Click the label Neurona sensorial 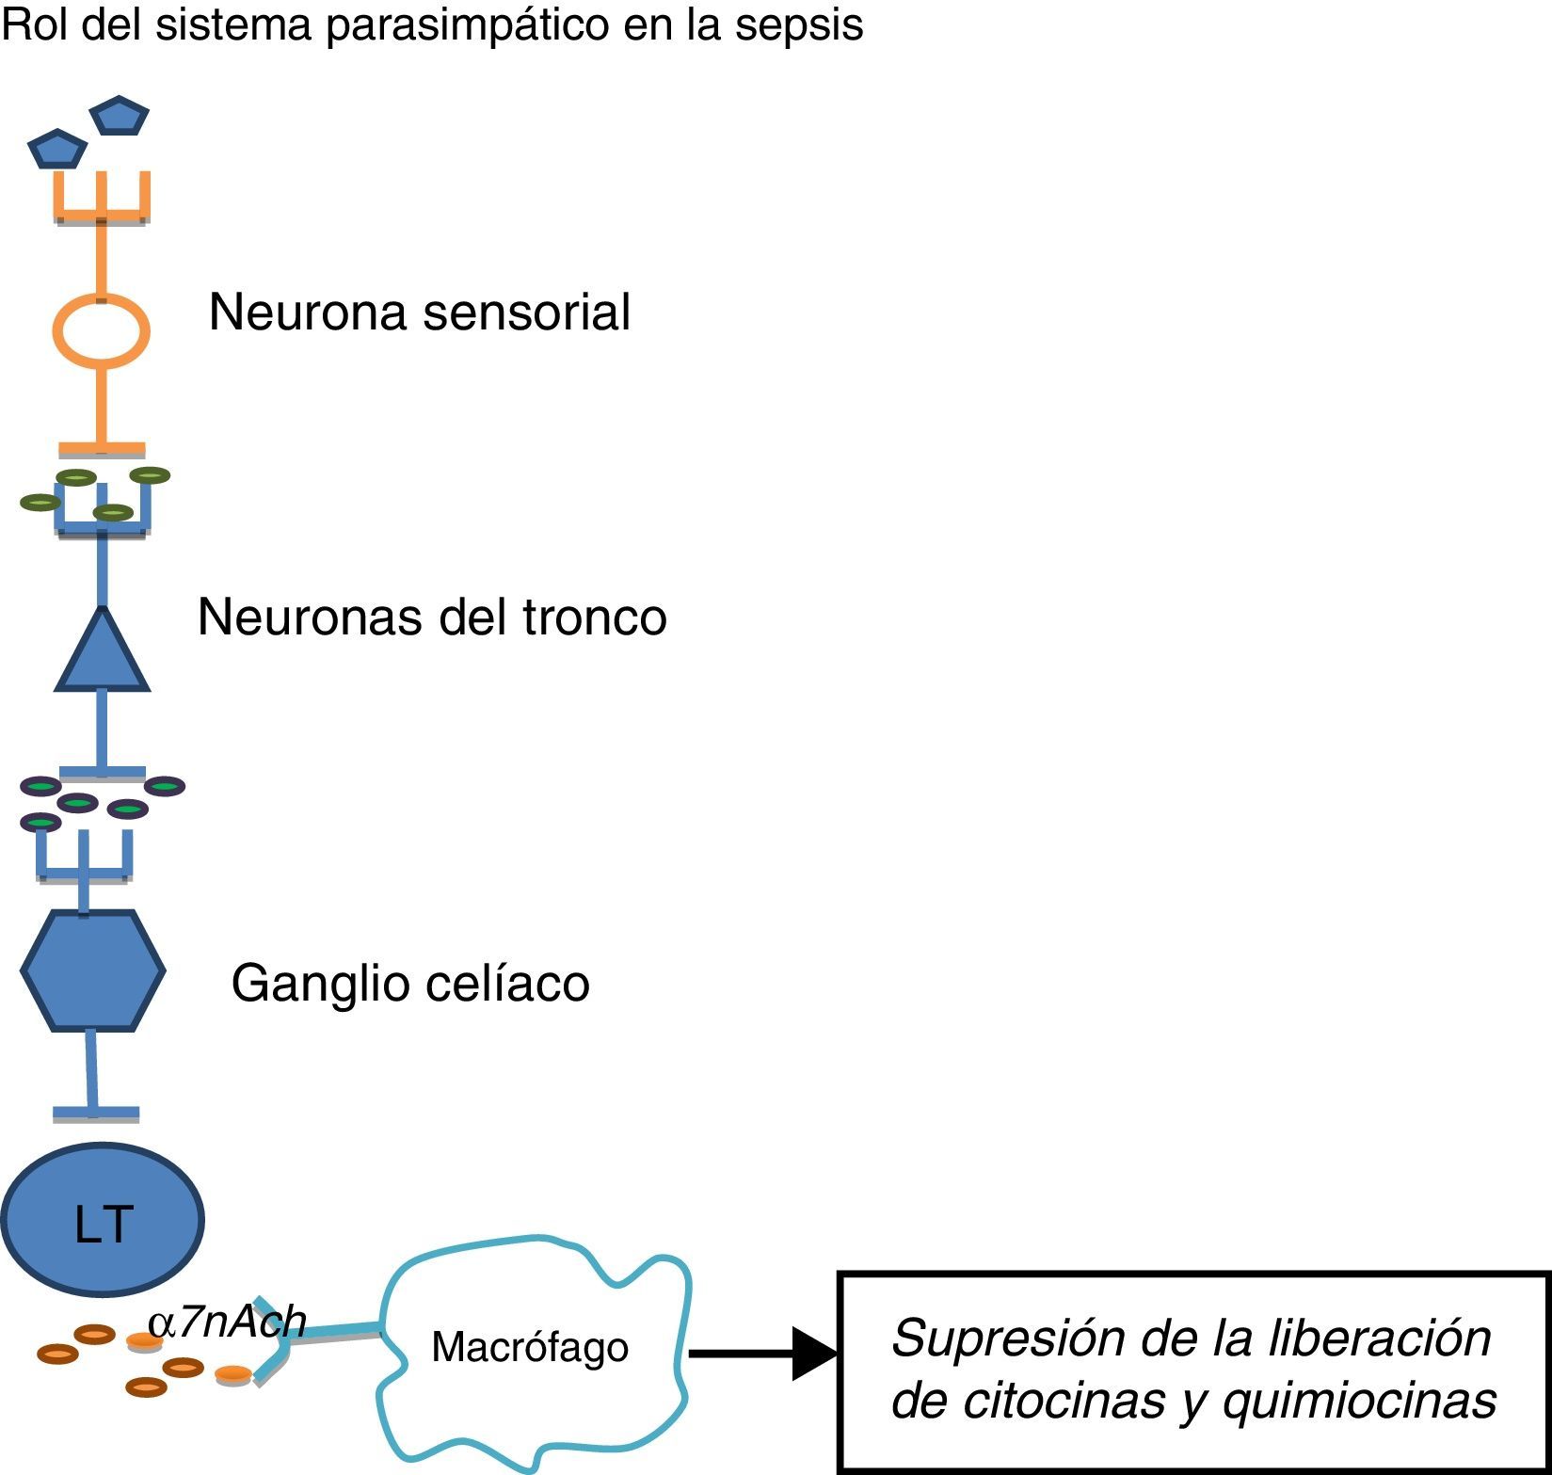419,312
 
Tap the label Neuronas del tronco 432,617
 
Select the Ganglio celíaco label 410,984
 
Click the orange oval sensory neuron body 101,330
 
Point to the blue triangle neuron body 102,649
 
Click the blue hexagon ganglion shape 93,970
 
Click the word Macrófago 530,1348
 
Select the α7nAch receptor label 227,1322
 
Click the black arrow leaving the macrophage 763,1354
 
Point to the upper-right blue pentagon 119,115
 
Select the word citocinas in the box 1056,1401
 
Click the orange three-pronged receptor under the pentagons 102,198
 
